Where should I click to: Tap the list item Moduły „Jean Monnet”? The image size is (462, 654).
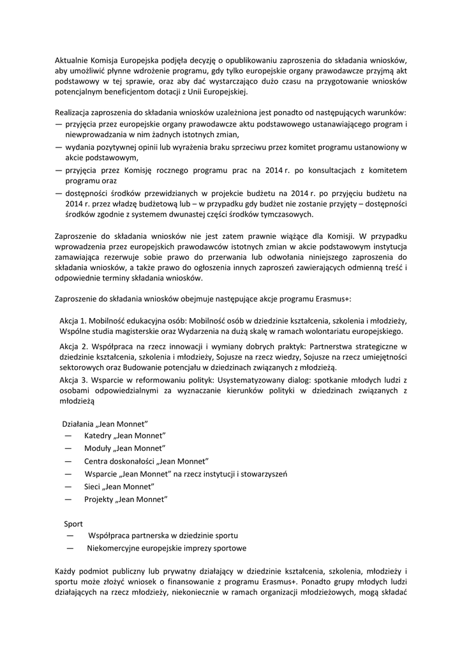point(124,448)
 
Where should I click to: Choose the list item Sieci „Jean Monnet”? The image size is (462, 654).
point(119,487)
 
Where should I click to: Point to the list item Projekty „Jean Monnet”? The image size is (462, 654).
point(125,499)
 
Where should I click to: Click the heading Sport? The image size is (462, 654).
point(73,523)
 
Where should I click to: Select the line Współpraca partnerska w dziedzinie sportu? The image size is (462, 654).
point(164,535)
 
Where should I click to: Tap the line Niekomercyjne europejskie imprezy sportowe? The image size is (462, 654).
point(167,548)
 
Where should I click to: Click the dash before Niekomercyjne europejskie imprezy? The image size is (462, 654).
point(70,548)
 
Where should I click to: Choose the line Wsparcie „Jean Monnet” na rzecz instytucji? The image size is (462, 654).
point(186,474)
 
